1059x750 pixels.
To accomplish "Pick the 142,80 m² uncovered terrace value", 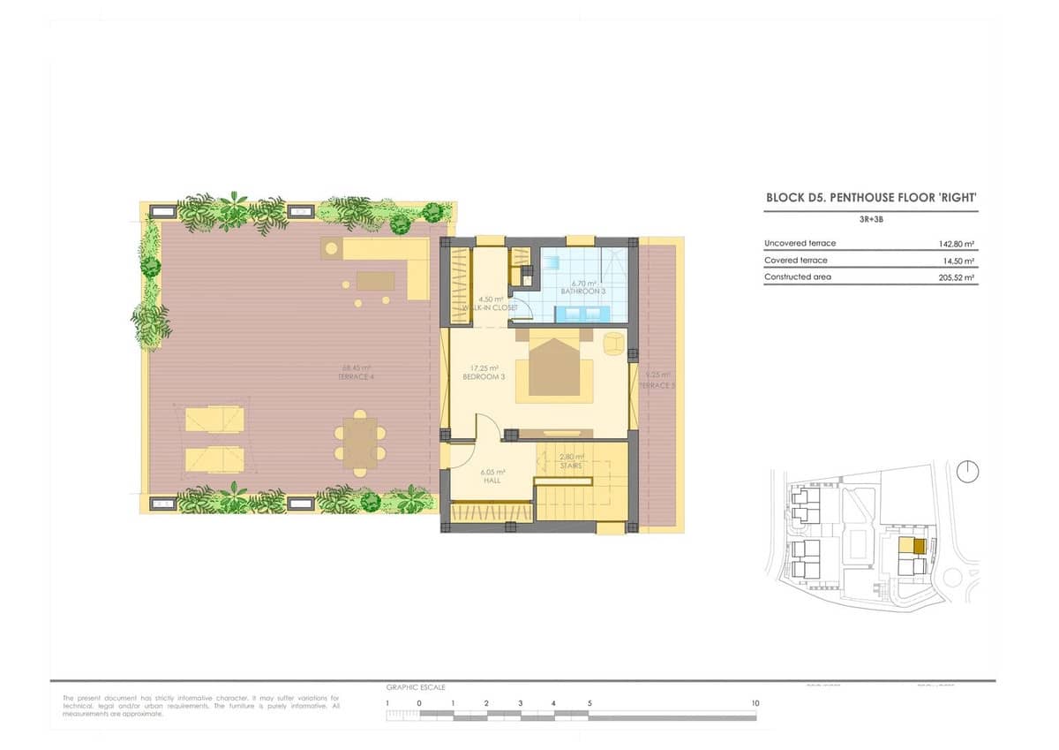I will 957,244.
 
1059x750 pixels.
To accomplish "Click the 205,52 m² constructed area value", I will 957,277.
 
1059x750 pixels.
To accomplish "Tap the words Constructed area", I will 798,277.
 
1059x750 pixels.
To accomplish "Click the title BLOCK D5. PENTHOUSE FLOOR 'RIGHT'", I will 870,200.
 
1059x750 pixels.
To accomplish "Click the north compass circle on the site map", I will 968,472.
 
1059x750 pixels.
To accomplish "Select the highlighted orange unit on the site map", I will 919,546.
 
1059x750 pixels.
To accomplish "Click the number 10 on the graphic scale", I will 755,703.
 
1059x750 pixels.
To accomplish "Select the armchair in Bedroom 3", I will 613,343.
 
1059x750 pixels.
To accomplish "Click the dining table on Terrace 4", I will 360,441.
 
